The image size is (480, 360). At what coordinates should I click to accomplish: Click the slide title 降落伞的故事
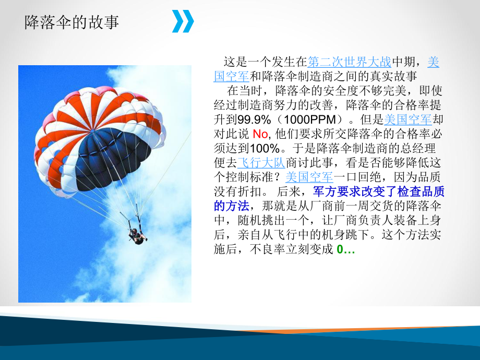(72, 22)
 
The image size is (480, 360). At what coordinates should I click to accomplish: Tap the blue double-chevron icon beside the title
(183, 21)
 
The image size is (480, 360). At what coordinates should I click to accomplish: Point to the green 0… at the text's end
(346, 249)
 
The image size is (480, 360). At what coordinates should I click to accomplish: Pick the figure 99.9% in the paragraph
(255, 119)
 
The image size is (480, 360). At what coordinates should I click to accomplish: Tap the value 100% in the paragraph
(267, 148)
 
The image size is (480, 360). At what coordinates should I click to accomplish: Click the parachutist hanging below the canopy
(136, 236)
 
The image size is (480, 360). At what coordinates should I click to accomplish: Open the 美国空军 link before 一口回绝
(309, 176)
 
